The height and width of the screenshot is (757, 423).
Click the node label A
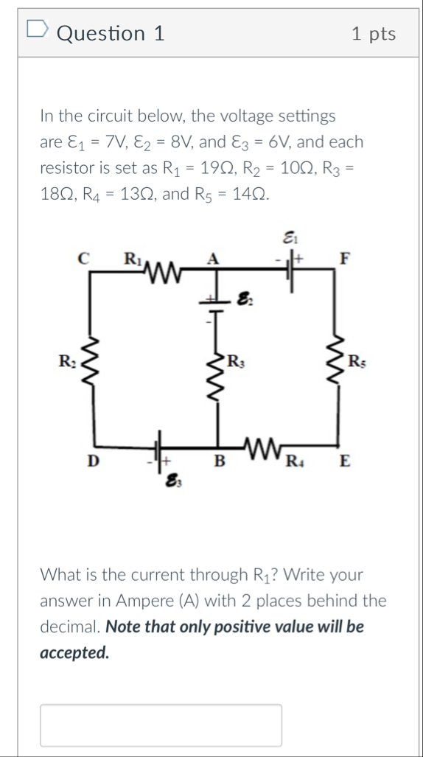tap(214, 257)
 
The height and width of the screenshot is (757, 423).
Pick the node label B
tap(217, 462)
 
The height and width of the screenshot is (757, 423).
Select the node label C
tap(83, 257)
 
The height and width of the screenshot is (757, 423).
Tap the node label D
tap(91, 461)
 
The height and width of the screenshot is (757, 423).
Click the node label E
tap(343, 462)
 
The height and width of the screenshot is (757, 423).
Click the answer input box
tap(161, 725)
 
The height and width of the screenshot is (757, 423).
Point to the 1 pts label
tap(374, 34)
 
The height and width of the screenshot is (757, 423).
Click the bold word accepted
tap(74, 652)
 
